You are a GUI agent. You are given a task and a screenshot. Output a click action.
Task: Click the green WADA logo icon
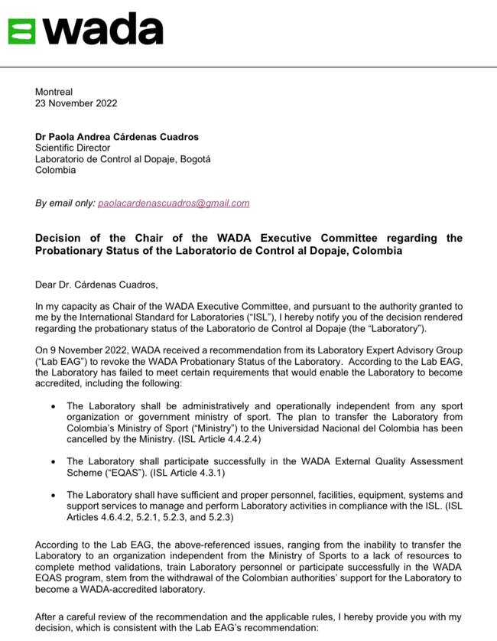[x=21, y=31]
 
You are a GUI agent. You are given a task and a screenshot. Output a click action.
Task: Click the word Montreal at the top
[x=54, y=93]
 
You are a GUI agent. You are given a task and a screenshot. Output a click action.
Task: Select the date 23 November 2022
[x=76, y=103]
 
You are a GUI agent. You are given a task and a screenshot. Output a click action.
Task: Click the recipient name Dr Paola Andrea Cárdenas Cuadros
[x=117, y=137]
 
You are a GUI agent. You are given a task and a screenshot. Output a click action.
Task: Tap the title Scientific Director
[x=73, y=148]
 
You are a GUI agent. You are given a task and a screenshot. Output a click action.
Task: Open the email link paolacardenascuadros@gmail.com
[x=174, y=203]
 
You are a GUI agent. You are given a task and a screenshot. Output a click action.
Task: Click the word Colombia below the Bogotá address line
[x=55, y=170]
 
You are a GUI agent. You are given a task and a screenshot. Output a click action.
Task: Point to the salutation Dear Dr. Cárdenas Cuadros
[x=96, y=285]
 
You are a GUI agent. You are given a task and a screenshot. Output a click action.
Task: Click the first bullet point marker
[x=52, y=406]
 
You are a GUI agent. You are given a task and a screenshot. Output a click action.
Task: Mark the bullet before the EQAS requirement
[x=52, y=462]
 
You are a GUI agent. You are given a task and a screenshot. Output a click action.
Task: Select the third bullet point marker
[x=52, y=496]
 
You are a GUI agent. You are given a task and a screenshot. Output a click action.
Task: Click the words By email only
[x=65, y=203]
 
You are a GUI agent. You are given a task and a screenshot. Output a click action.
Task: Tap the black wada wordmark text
[x=102, y=31]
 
